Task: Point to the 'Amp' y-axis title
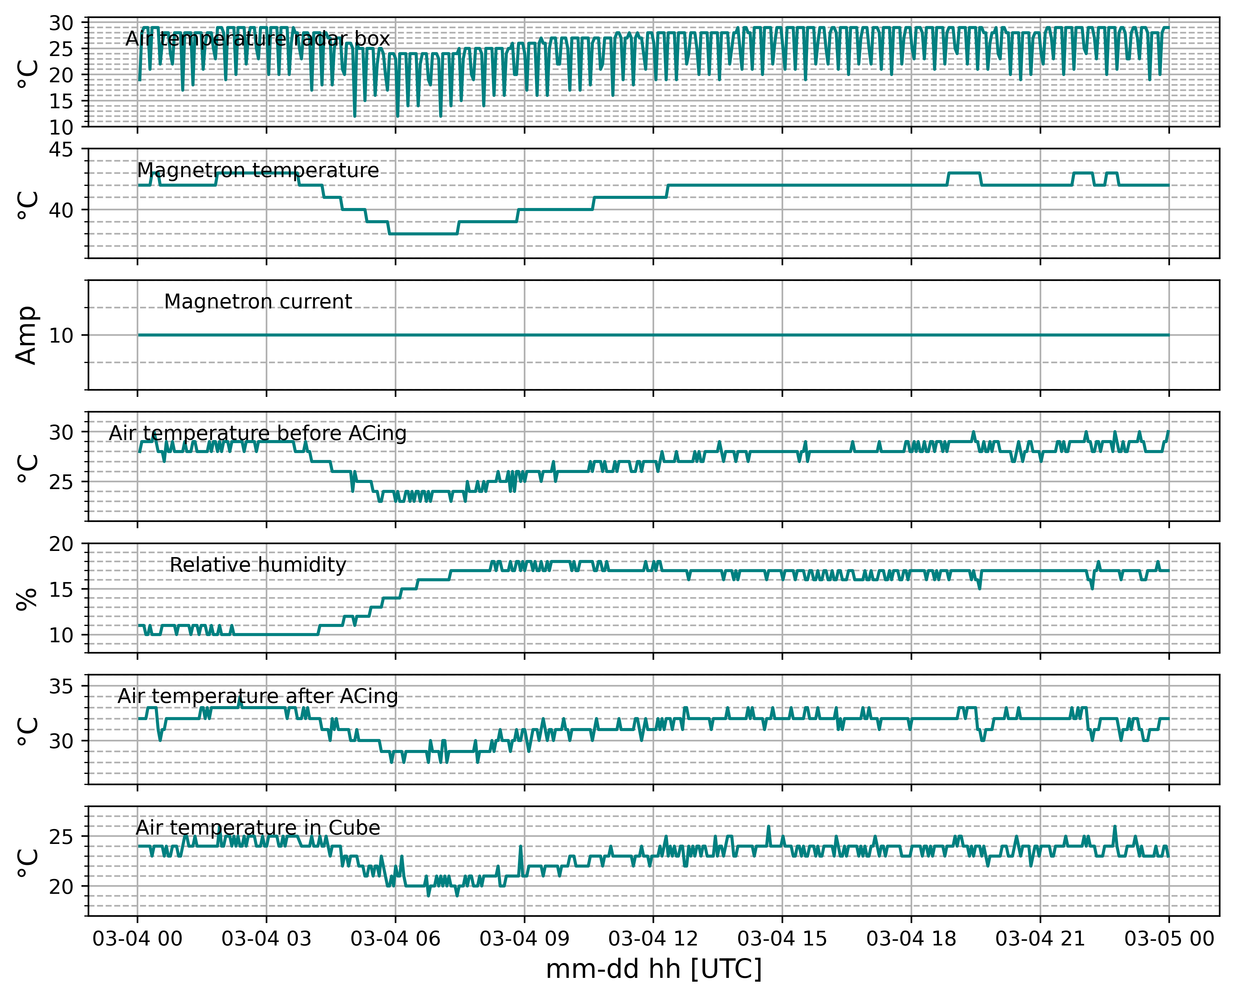coord(27,335)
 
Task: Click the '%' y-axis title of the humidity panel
coord(27,599)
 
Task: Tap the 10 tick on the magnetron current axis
coord(61,336)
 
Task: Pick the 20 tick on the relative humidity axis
coord(61,544)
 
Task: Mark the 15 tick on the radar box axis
coord(61,101)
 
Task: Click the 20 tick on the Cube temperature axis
coord(61,887)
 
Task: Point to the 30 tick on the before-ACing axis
coord(61,432)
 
